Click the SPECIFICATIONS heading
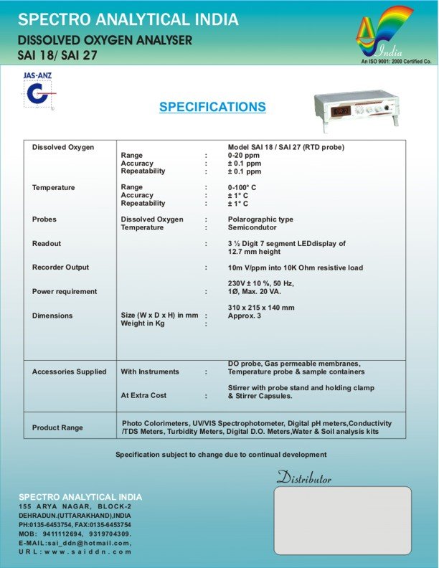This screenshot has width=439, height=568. tap(212, 108)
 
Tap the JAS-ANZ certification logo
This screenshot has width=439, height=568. tap(39, 90)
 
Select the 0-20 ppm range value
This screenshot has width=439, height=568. tap(244, 155)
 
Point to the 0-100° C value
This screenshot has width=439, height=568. tap(242, 187)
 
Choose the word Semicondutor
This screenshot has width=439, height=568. tap(252, 227)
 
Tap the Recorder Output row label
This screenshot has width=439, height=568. tap(61, 268)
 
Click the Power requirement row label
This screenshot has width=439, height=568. tap(65, 292)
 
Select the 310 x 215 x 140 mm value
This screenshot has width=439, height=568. tap(261, 308)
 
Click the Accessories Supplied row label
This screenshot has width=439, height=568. tap(69, 372)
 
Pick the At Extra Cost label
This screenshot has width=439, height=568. tap(143, 395)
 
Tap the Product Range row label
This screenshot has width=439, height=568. tap(57, 428)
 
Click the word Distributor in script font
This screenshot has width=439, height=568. tap(304, 478)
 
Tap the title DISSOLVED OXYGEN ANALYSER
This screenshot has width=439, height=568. tap(105, 40)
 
